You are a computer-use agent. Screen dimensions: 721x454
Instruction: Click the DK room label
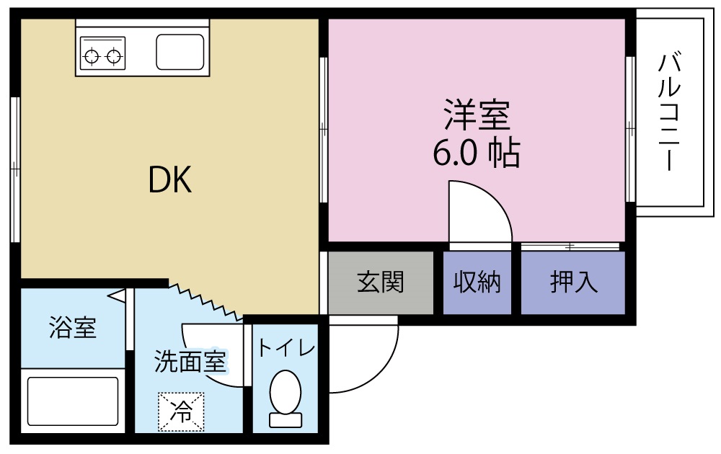tap(169, 179)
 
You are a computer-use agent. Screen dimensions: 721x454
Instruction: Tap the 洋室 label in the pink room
tap(477, 115)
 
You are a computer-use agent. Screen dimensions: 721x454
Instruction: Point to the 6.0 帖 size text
tap(477, 153)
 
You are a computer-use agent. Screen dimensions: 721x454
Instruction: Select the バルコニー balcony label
tap(670, 112)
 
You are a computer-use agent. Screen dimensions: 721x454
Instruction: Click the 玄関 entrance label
tap(380, 282)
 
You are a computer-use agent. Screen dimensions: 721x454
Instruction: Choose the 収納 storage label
tap(477, 282)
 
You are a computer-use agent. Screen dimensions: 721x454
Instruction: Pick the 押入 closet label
tap(574, 282)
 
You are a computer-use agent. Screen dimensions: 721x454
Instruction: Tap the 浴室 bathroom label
tap(73, 328)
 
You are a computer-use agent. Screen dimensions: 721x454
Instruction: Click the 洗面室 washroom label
tap(190, 361)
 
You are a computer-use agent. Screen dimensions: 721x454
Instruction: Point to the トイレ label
tap(286, 348)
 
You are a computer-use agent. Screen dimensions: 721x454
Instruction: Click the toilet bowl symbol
tap(286, 392)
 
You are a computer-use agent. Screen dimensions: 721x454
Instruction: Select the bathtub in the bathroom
tap(73, 401)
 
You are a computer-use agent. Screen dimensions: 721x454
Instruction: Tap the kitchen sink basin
tap(180, 52)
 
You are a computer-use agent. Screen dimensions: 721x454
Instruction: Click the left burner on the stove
tap(92, 57)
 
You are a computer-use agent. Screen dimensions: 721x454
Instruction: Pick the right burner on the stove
tap(114, 57)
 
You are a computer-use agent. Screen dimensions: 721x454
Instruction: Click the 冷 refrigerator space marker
tap(181, 411)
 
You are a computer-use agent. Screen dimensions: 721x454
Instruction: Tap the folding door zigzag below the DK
tap(205, 301)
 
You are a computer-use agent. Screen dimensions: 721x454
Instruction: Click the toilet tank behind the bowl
tap(286, 420)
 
